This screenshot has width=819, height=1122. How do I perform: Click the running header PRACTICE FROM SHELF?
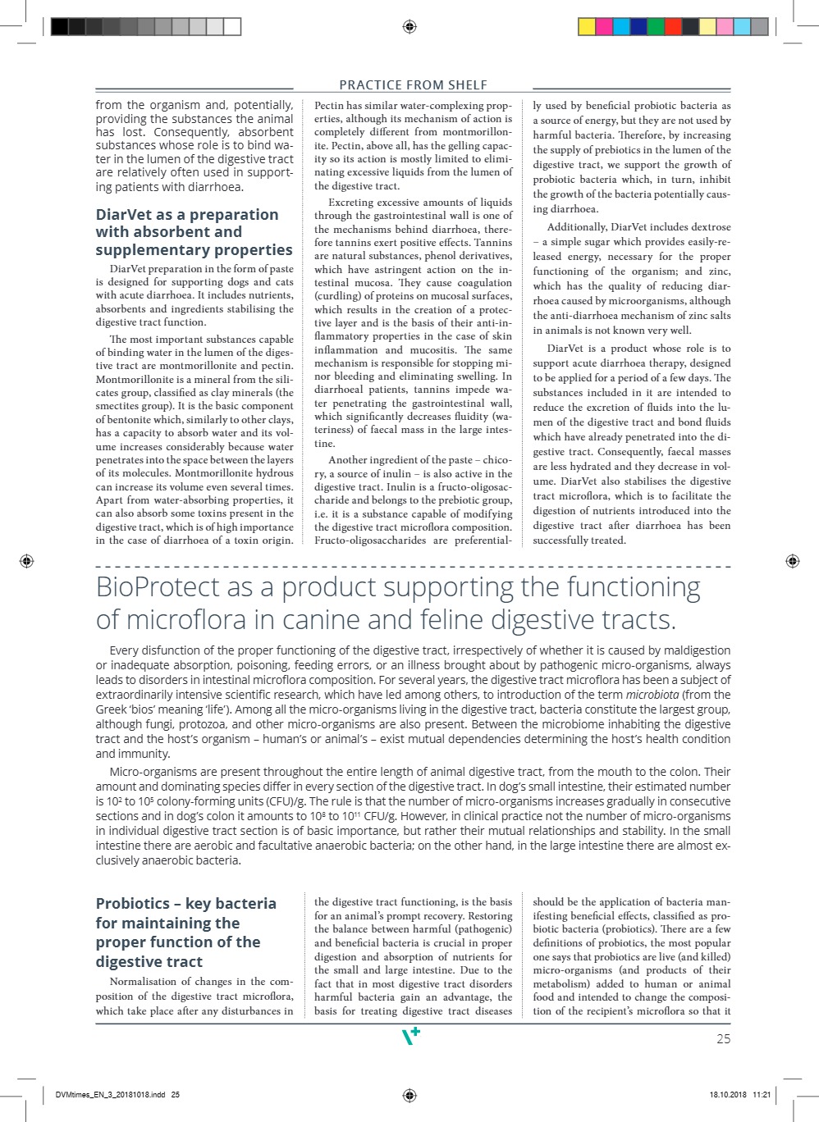(x=413, y=84)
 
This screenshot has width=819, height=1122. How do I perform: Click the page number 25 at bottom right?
(x=723, y=1038)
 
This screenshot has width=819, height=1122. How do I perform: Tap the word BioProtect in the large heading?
(x=157, y=587)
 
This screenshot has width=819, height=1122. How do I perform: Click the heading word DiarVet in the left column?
(x=123, y=215)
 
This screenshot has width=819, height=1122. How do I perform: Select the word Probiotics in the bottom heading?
(x=132, y=904)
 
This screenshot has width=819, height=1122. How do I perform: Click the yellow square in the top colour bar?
(x=587, y=27)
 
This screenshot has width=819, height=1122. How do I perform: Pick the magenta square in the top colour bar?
(x=605, y=27)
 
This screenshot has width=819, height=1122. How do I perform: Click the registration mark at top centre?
(x=409, y=27)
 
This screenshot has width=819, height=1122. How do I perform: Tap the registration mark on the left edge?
(x=26, y=561)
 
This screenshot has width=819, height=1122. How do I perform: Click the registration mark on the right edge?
(x=792, y=561)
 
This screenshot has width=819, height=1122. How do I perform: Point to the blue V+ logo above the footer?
(x=410, y=1037)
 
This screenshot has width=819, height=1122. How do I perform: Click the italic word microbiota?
(x=652, y=695)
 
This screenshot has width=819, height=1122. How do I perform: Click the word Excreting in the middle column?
(x=351, y=203)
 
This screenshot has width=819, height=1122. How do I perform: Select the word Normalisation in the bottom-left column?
(x=144, y=982)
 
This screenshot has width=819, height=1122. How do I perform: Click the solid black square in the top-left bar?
(x=59, y=27)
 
